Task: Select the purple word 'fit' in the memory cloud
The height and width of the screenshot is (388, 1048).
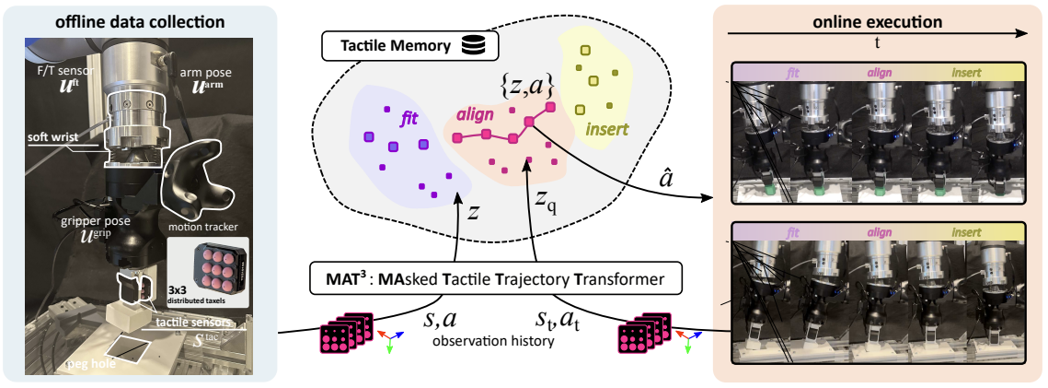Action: (409, 119)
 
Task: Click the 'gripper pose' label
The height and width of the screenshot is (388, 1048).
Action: (64, 222)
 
